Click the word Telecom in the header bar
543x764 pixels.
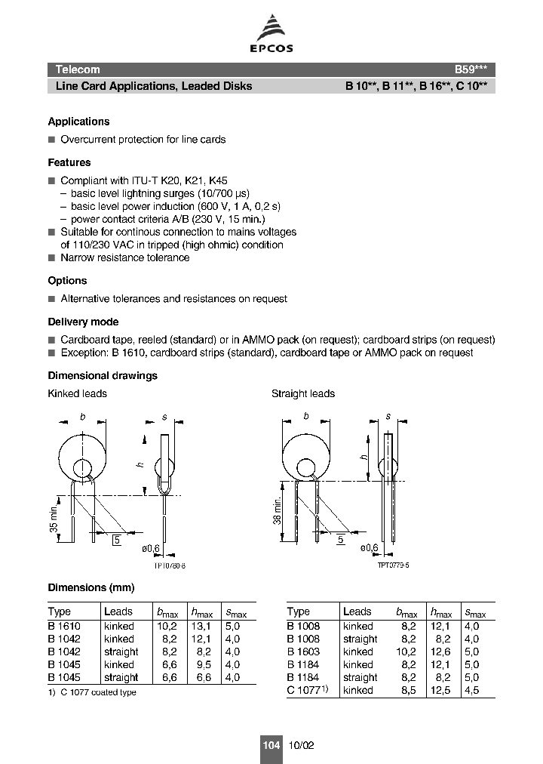[x=78, y=69]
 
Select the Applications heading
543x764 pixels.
[x=78, y=122]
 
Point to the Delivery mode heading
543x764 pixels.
[x=83, y=322]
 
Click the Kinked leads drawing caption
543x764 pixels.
[x=77, y=393]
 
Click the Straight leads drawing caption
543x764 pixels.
[x=303, y=393]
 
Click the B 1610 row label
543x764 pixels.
[x=64, y=626]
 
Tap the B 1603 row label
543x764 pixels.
[x=303, y=652]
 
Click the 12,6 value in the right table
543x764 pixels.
[x=440, y=652]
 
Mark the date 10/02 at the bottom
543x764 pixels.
[x=301, y=745]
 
